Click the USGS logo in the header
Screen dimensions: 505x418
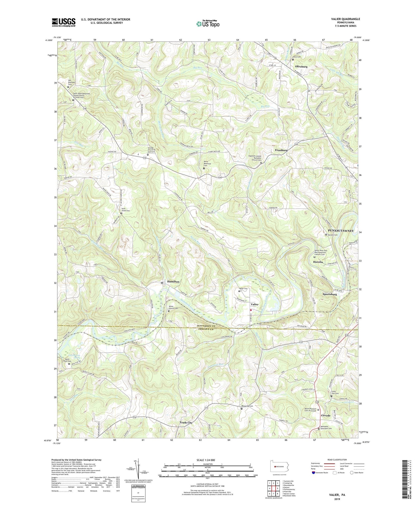pos(64,22)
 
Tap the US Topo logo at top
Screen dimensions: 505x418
pos(208,24)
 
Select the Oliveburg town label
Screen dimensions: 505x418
pos(301,67)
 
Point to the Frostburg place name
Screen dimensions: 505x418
pos(279,150)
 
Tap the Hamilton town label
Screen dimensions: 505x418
pos(173,282)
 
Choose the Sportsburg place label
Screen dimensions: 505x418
pos(330,294)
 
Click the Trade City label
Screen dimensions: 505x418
pos(186,423)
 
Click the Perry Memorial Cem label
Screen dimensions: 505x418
pos(208,163)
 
